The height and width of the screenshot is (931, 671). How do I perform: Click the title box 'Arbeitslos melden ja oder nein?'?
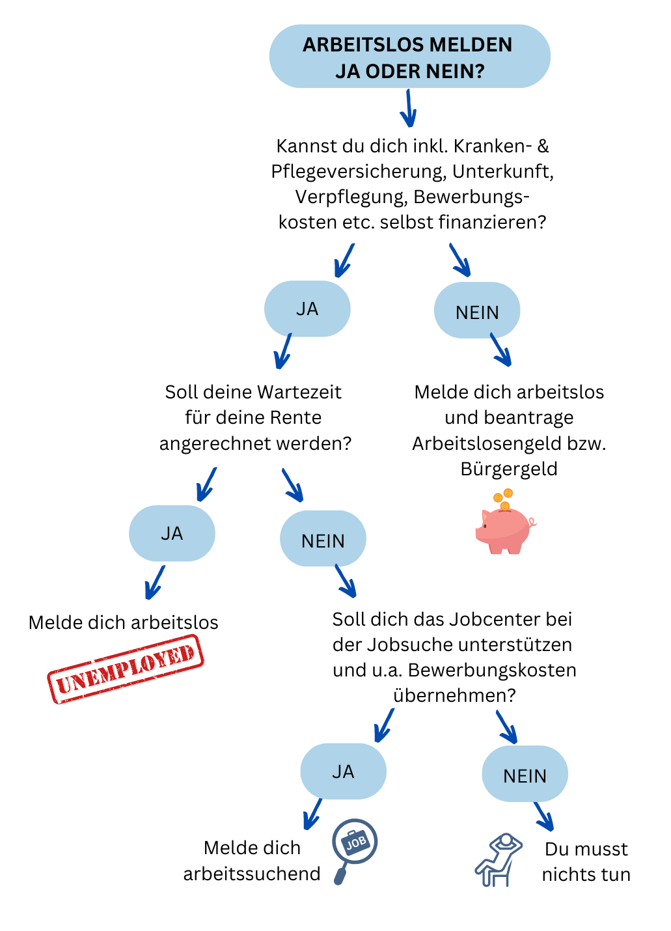pyautogui.click(x=409, y=56)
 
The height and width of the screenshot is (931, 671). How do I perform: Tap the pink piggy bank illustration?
pyautogui.click(x=506, y=530)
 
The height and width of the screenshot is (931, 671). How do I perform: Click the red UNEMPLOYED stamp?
pyautogui.click(x=126, y=669)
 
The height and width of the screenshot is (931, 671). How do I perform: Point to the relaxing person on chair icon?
pyautogui.click(x=498, y=860)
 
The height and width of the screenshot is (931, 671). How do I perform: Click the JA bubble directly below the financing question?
pyautogui.click(x=307, y=309)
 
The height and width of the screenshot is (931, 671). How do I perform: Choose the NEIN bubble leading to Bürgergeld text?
pyautogui.click(x=477, y=311)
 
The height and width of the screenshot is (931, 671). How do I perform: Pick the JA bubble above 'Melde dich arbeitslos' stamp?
pyautogui.click(x=172, y=533)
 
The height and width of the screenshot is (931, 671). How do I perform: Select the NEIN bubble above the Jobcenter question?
pyautogui.click(x=323, y=538)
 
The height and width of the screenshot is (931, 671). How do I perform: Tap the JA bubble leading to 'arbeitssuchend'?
pyautogui.click(x=343, y=771)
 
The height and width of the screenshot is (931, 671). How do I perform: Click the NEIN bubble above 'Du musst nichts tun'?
pyautogui.click(x=525, y=773)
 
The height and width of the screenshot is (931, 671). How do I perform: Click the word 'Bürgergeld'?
pyautogui.click(x=509, y=469)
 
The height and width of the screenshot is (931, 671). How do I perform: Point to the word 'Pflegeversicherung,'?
pyautogui.click(x=359, y=172)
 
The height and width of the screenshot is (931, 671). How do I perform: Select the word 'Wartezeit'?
pyautogui.click(x=299, y=392)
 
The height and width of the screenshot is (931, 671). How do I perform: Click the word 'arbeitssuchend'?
pyautogui.click(x=252, y=874)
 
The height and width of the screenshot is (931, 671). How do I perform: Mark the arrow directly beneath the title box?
pyautogui.click(x=409, y=108)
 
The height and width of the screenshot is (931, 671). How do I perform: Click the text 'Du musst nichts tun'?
pyautogui.click(x=586, y=861)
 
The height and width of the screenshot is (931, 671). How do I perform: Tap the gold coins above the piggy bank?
pyautogui.click(x=503, y=499)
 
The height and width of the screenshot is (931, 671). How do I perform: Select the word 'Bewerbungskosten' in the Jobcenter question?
pyautogui.click(x=492, y=671)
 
